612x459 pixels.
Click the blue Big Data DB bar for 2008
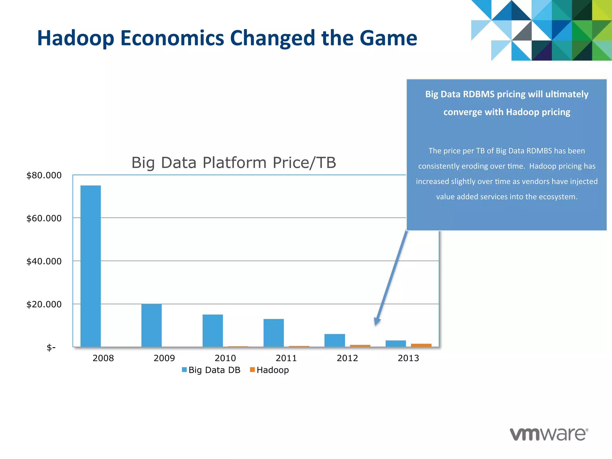91,266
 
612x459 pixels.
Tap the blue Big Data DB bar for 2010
212,331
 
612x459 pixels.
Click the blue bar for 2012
334,340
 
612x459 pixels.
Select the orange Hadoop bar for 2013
421,345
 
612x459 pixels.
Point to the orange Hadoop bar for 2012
360,346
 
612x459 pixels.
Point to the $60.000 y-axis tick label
44,218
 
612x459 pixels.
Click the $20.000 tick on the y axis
44,304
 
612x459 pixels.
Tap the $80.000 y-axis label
44,175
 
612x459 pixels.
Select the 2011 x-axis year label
286,358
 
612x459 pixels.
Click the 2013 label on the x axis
408,358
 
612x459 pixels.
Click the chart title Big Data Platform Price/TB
234,163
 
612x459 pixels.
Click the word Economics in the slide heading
172,38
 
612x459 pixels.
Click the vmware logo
549,434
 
